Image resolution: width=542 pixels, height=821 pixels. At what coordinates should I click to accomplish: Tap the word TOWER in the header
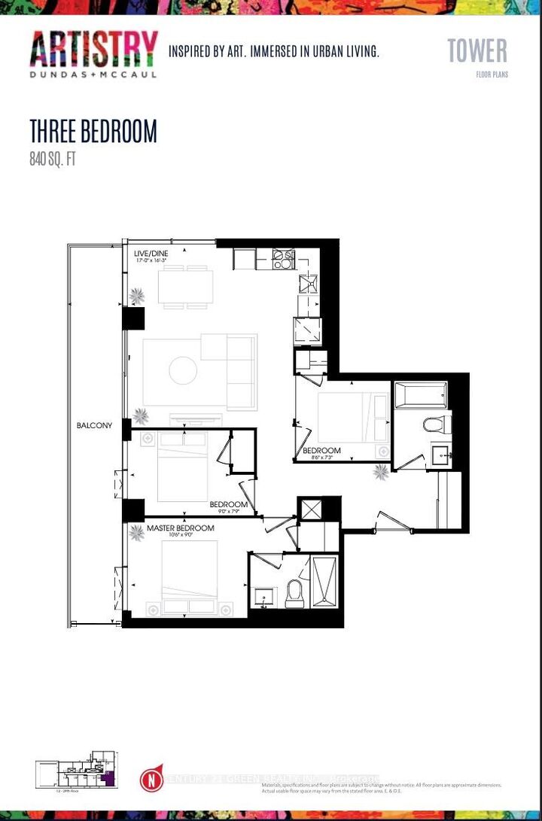(x=477, y=50)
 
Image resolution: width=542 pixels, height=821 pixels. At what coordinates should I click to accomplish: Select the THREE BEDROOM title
(x=93, y=131)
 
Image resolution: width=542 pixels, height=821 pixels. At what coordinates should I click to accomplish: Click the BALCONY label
(x=94, y=425)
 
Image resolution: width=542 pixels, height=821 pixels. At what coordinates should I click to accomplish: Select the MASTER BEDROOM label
(x=180, y=528)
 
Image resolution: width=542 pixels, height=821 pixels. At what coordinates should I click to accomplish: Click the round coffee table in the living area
(x=183, y=370)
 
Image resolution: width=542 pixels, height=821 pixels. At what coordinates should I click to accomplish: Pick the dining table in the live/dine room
(x=185, y=287)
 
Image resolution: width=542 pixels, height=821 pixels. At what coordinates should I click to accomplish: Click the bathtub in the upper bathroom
(x=421, y=395)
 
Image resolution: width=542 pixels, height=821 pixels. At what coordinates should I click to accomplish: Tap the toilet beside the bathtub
(x=436, y=424)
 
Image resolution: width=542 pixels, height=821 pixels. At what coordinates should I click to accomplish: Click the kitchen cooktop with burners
(x=283, y=260)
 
